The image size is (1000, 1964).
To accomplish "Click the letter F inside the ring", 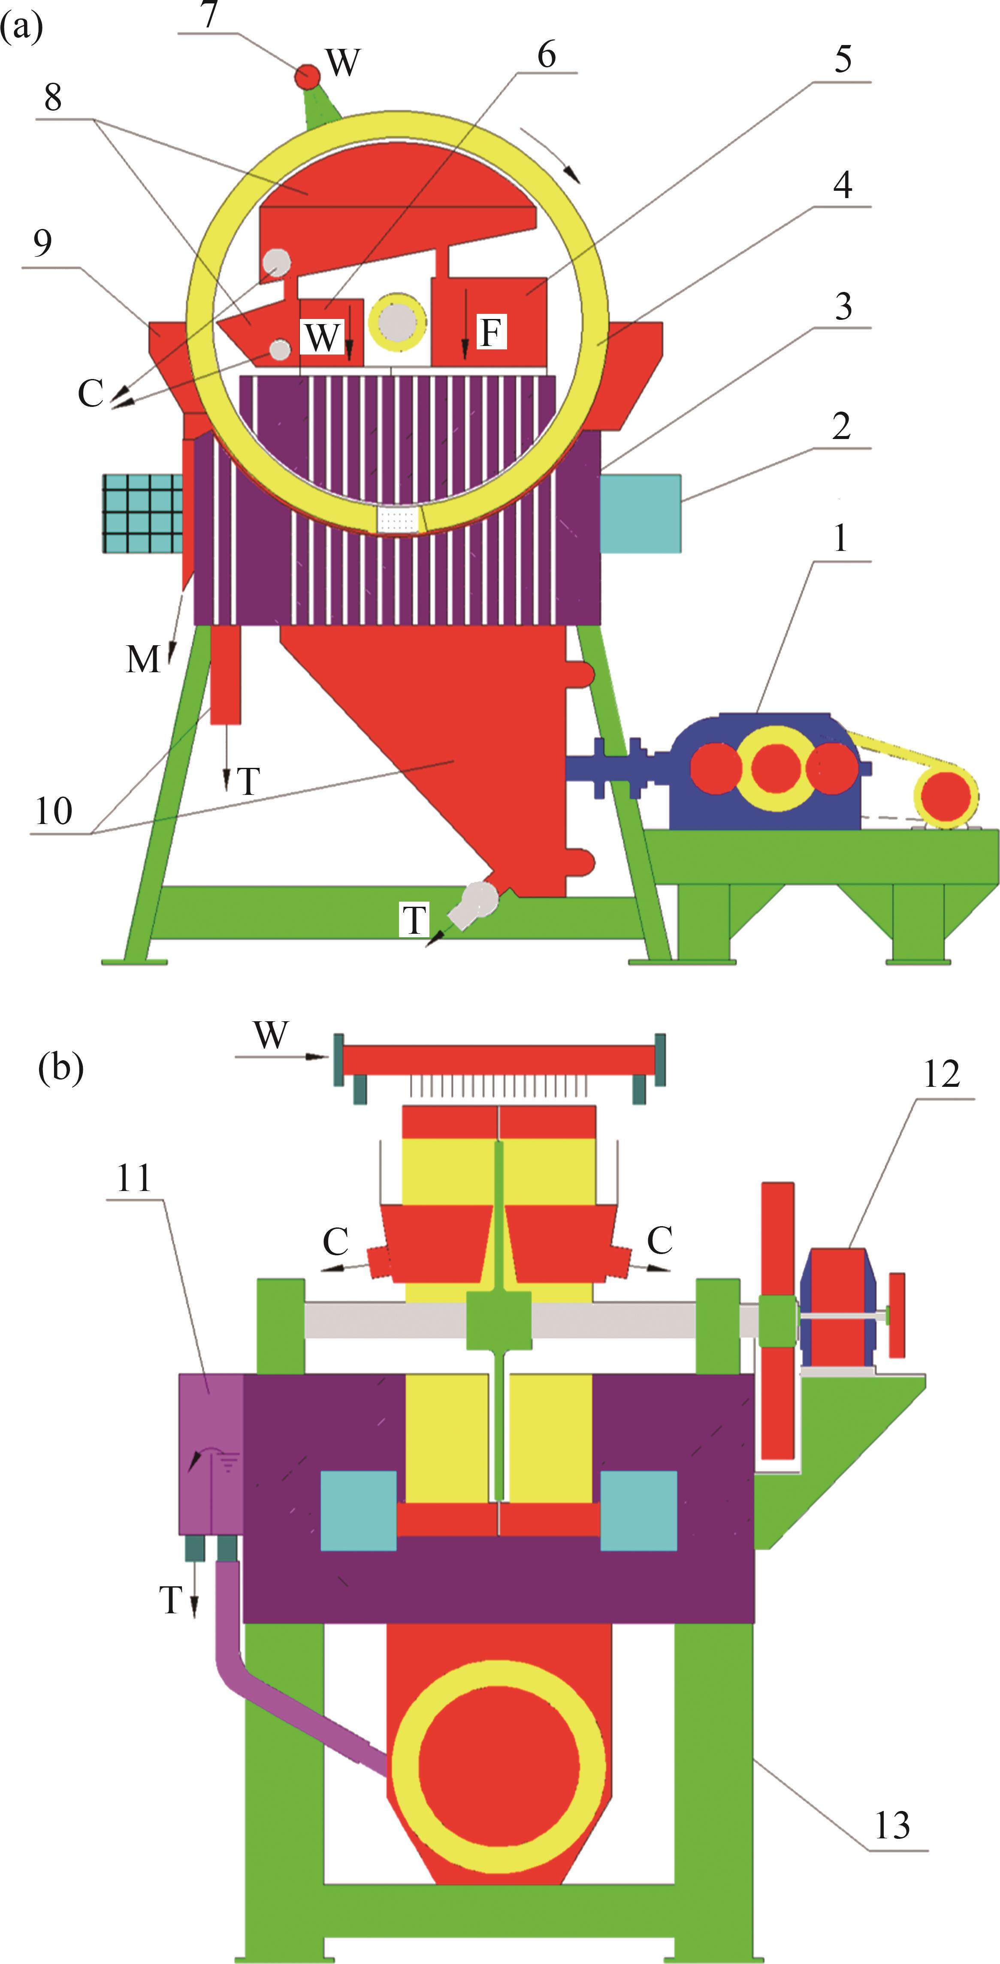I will pos(492,332).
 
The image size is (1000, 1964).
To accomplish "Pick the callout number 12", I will pos(941,1075).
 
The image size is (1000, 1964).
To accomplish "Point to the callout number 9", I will pos(43,243).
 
